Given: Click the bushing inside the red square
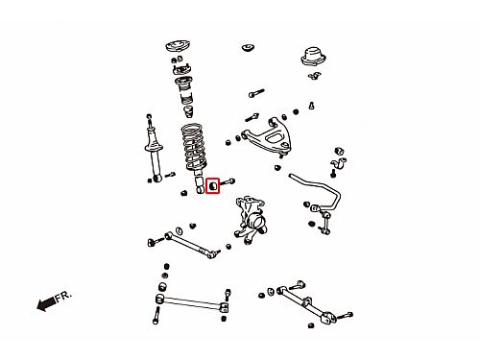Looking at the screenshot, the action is click(212, 186).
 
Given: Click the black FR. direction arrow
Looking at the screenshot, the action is click(46, 303).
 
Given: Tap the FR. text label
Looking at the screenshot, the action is click(63, 297).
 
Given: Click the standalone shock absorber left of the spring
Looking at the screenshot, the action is click(155, 151).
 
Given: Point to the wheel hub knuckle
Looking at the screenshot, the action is click(252, 219).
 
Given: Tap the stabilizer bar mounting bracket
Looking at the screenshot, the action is click(339, 163).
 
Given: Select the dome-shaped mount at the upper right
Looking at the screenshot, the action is click(313, 57).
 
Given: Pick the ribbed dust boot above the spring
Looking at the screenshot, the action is click(184, 90).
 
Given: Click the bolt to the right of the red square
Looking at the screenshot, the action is click(228, 183).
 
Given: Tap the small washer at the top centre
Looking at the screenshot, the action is click(248, 48).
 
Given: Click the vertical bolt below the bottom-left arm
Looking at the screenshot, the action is click(156, 316).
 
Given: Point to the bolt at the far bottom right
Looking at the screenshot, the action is click(345, 316).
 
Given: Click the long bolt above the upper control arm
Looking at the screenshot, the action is click(256, 93).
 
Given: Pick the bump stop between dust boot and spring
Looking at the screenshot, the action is click(188, 112).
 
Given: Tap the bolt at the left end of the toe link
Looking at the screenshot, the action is click(153, 242).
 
